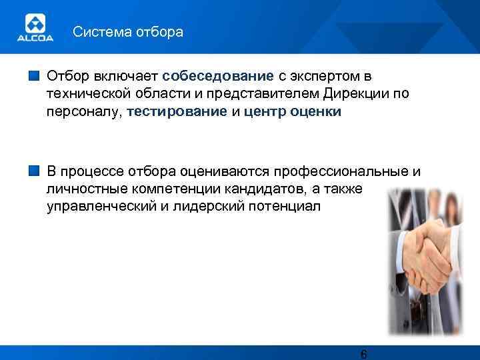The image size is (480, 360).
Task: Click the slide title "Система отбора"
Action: (127, 32)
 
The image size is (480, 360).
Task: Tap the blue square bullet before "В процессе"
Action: (35, 171)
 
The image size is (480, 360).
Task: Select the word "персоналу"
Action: (84, 112)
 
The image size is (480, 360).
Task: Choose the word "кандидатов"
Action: (254, 189)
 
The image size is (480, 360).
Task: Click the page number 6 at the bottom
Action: (363, 353)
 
